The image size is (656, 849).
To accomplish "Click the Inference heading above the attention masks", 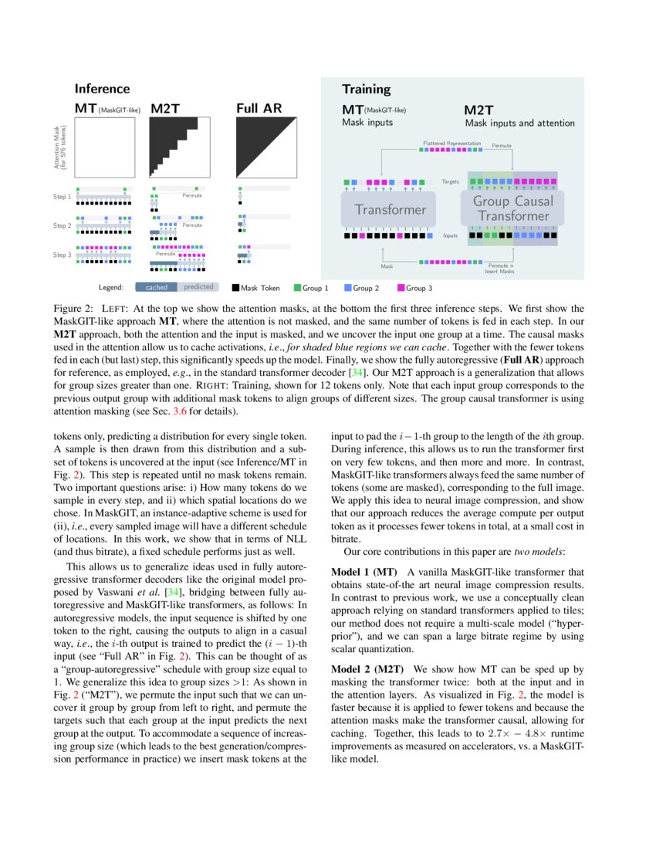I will (x=102, y=89).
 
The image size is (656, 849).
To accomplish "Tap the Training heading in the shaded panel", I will (x=366, y=89).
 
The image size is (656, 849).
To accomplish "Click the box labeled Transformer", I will (x=390, y=209).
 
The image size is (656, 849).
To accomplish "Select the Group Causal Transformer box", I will (x=512, y=208).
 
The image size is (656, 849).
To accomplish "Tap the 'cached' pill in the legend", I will (x=157, y=287).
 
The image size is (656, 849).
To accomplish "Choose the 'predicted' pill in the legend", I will (x=198, y=287).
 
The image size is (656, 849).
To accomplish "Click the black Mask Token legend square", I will (x=235, y=288).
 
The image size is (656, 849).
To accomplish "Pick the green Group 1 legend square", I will (x=297, y=288).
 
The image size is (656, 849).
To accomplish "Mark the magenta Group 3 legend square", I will (x=401, y=288).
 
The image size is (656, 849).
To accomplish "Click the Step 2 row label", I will (x=62, y=225).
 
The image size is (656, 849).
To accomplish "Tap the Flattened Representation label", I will (x=451, y=144).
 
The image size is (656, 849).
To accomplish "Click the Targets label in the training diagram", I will (x=450, y=181).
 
